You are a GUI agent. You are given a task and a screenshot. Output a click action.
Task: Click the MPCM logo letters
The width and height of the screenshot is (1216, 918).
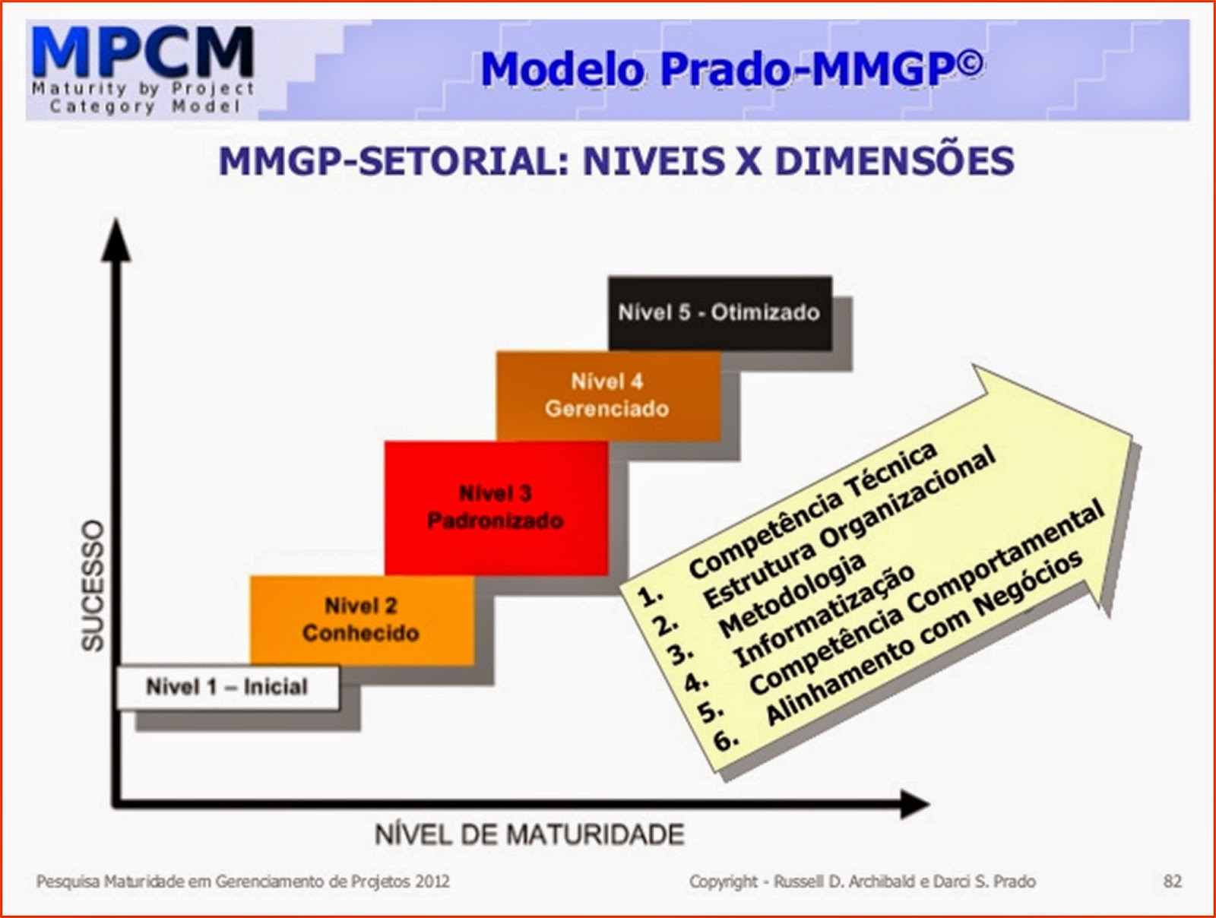click(143, 52)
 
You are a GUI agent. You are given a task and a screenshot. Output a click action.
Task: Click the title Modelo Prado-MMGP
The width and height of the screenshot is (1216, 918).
click(731, 69)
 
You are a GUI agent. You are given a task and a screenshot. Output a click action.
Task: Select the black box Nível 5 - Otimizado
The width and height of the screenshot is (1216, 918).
click(719, 312)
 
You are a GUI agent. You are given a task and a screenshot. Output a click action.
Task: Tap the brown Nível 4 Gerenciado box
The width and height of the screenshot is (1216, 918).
click(607, 395)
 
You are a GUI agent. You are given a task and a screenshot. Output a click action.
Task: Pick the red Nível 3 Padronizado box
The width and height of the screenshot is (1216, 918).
click(496, 507)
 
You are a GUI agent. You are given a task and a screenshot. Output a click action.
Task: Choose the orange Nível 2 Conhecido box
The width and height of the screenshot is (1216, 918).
click(361, 619)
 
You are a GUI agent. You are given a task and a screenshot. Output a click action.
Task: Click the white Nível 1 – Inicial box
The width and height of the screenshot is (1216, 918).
click(227, 687)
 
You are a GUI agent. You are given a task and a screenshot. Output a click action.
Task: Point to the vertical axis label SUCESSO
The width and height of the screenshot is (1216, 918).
click(93, 585)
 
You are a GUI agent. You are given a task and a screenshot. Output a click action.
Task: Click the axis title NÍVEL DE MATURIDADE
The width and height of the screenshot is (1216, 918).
click(530, 834)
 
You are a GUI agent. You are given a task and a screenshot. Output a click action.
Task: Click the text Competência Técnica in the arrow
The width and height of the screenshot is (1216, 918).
click(812, 511)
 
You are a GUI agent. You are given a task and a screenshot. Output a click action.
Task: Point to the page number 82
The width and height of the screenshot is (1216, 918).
click(1172, 882)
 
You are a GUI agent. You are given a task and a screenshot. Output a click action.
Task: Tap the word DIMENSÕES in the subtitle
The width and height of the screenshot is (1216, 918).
click(895, 161)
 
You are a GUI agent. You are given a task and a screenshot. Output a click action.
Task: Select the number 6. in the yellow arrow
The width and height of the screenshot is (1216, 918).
click(727, 739)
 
